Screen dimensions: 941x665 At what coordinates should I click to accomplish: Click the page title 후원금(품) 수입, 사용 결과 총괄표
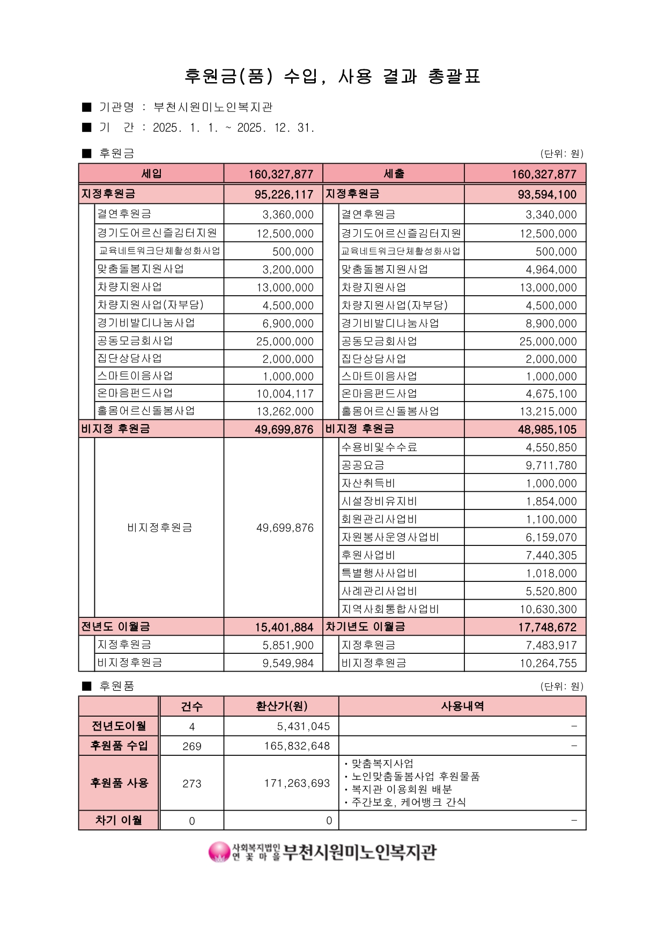[332, 77]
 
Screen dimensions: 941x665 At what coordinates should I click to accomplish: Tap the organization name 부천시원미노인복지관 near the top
[213, 107]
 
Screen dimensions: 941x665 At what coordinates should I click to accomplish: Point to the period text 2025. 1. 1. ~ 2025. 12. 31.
[233, 128]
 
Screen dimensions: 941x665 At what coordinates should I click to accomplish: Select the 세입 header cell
[151, 174]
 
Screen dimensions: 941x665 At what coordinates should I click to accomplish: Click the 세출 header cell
[394, 174]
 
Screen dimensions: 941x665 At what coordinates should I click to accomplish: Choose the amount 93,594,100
[546, 194]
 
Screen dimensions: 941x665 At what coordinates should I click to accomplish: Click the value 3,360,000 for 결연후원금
[288, 215]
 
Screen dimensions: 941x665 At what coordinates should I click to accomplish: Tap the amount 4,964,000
[551, 269]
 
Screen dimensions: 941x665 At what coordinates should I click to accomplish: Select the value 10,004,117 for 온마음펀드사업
[285, 394]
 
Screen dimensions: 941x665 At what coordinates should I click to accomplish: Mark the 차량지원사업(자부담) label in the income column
[150, 305]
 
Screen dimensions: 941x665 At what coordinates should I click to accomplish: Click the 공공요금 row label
[363, 465]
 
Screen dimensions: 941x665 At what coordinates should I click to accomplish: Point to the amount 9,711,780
[551, 465]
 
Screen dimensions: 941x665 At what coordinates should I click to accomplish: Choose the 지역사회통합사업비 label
[390, 609]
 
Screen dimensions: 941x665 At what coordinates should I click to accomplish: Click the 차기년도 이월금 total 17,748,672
[547, 627]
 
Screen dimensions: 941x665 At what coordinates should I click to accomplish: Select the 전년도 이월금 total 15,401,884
[284, 627]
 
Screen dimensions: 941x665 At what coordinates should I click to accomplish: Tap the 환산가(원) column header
[282, 706]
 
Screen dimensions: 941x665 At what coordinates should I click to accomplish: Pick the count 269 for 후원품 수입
[191, 746]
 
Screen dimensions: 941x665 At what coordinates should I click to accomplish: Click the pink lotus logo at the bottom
[219, 852]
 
